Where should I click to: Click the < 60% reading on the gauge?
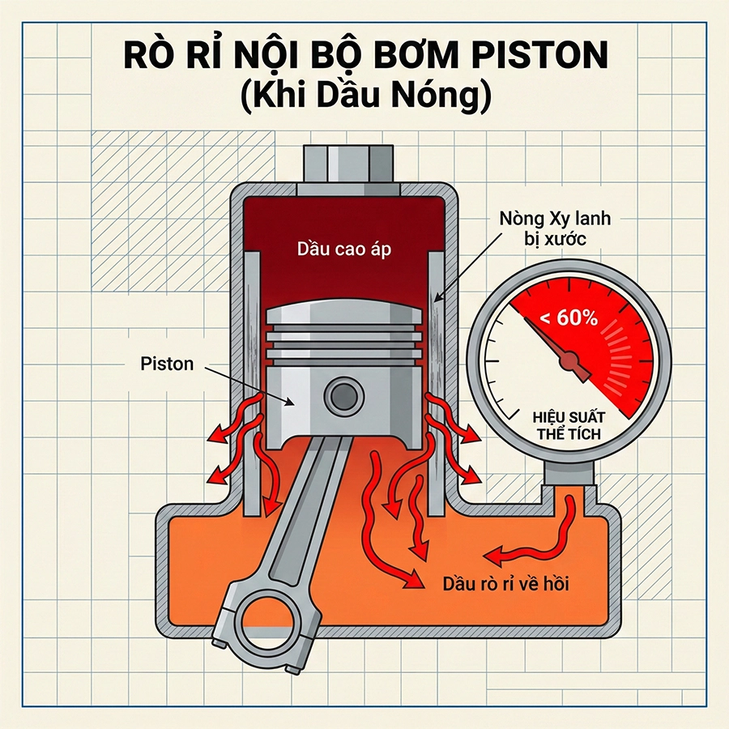(568, 318)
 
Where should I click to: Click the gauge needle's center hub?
(571, 358)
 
